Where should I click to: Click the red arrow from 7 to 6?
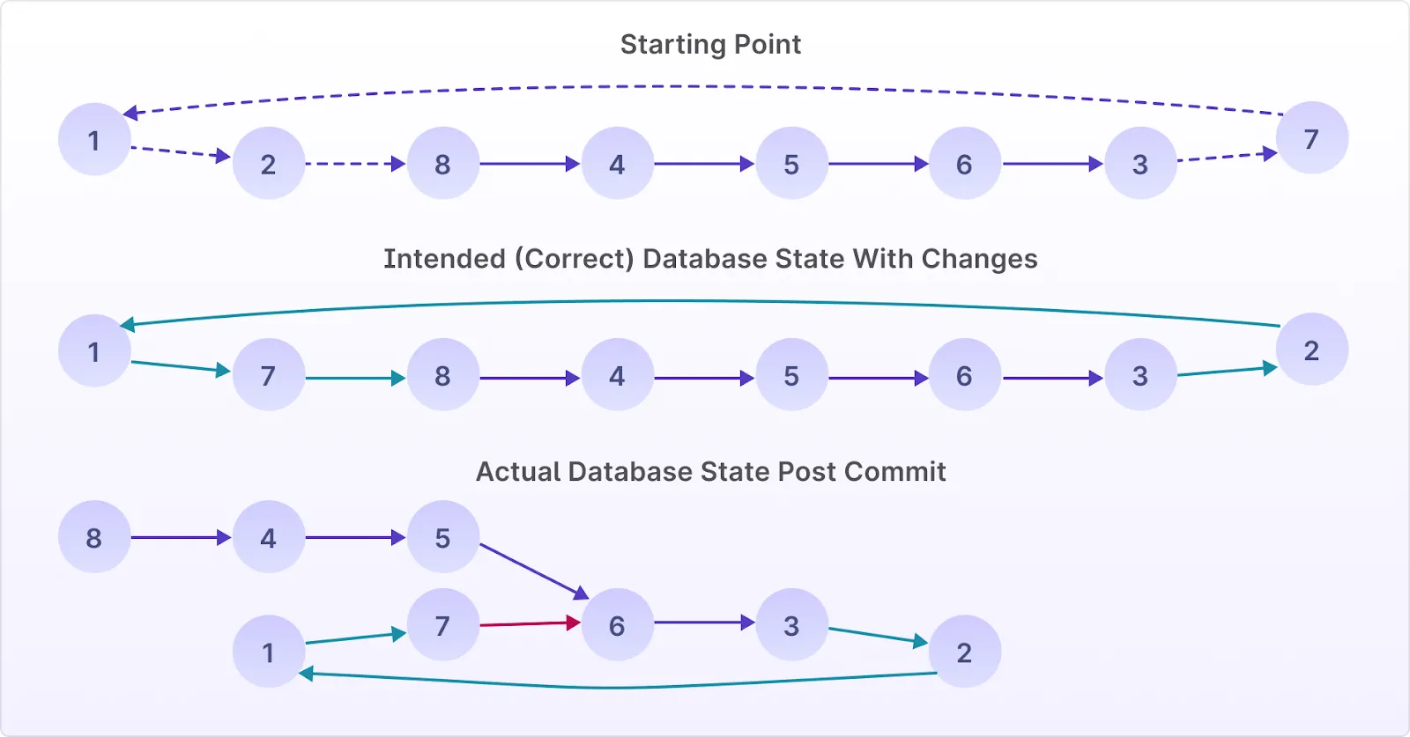pos(530,623)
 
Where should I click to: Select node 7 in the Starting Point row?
pos(1312,137)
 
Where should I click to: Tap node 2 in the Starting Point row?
pos(269,163)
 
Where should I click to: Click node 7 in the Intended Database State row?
pos(269,374)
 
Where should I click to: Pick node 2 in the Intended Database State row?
pos(1312,349)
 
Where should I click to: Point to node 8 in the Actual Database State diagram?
pos(94,536)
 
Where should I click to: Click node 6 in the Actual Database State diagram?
pos(618,624)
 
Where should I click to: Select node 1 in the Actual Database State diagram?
pos(269,651)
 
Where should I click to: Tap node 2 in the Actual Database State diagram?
pos(965,651)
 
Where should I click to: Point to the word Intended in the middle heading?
pos(444,259)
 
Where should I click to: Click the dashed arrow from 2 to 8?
pos(356,164)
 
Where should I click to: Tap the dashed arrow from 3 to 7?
pos(1227,157)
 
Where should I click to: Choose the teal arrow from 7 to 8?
pos(356,378)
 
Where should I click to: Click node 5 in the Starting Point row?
pos(792,163)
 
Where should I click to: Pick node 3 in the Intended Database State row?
pos(1140,374)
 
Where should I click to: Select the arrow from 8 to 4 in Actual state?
pos(182,538)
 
